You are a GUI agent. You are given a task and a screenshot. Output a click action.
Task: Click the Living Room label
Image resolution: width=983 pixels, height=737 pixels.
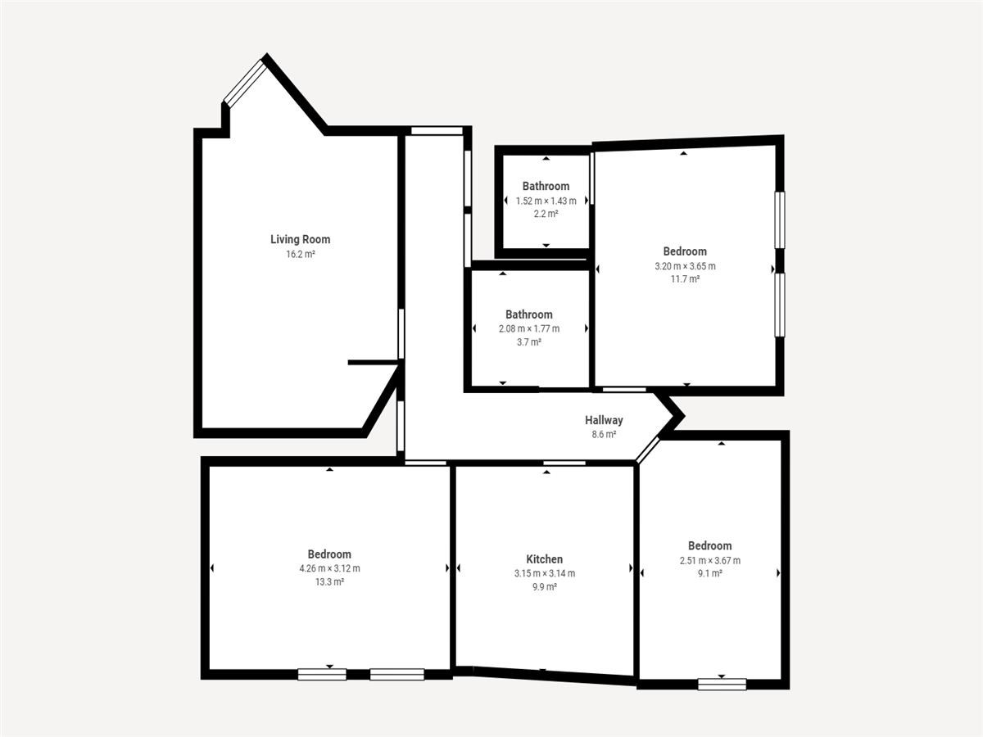pos(300,239)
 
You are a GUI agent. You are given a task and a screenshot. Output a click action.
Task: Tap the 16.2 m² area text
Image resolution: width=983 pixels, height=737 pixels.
pos(301,254)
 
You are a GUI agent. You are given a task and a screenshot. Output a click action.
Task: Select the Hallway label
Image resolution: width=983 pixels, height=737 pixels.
pos(604,420)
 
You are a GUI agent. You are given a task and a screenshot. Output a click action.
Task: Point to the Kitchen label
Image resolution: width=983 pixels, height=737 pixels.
pos(544,559)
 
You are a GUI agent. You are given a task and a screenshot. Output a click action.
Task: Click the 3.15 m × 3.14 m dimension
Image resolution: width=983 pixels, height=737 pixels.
pos(545,573)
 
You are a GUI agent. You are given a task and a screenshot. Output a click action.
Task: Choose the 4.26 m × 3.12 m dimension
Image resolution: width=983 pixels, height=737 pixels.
pos(329,568)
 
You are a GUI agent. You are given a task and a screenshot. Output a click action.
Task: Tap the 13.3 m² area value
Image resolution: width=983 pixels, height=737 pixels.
pos(329,582)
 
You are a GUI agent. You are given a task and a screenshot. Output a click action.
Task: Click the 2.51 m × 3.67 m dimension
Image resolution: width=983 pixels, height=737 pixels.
pos(710,560)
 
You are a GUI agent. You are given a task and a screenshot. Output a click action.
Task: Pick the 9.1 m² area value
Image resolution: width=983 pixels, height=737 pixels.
pos(710,573)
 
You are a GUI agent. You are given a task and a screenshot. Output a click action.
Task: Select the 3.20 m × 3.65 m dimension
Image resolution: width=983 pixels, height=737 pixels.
pos(685,266)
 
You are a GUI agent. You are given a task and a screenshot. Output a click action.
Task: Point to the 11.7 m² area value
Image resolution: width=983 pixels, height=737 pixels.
pos(685,279)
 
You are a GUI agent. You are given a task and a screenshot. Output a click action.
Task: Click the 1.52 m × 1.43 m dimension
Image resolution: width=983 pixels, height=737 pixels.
pos(546,201)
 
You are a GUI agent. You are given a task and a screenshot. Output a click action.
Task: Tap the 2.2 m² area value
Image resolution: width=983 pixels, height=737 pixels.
pos(546,214)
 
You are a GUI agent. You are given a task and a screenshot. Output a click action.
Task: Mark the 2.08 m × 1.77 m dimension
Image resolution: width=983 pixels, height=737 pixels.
pos(529,329)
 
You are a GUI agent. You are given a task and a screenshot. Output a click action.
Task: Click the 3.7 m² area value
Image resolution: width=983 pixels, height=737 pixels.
pos(529,342)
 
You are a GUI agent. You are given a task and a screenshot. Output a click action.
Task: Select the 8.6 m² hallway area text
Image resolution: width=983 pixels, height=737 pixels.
pos(604,434)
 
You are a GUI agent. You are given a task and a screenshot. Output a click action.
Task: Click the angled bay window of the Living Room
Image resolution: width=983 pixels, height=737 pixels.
pos(245,84)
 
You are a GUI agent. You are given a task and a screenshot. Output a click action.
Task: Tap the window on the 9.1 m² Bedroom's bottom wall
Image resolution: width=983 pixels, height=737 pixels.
pos(722,685)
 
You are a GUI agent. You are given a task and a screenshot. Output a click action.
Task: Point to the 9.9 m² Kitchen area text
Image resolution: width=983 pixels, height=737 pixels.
pos(545,586)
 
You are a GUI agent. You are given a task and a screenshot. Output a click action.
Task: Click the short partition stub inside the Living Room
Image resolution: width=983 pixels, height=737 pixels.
pos(373,362)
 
